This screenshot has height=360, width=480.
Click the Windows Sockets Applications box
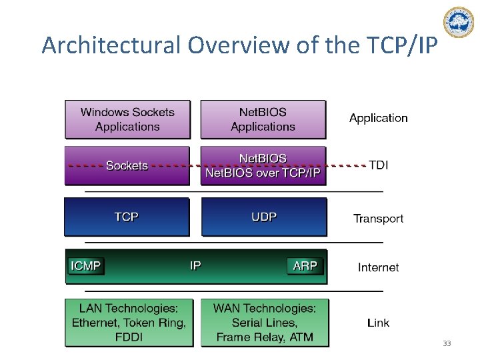pyautogui.click(x=127, y=119)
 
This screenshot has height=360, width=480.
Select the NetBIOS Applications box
pyautogui.click(x=263, y=119)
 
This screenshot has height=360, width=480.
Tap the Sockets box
pyautogui.click(x=127, y=165)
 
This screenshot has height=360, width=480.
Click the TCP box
pyautogui.click(x=127, y=217)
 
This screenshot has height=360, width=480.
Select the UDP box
pyautogui.click(x=264, y=217)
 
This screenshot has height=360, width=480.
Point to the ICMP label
pyautogui.click(x=86, y=266)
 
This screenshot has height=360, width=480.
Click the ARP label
pyautogui.click(x=305, y=266)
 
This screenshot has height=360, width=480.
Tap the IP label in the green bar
pyautogui.click(x=195, y=266)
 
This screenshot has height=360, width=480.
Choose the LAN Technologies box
pyautogui.click(x=129, y=323)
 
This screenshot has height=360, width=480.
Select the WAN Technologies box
pyautogui.click(x=265, y=323)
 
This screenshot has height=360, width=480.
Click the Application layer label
pyautogui.click(x=378, y=118)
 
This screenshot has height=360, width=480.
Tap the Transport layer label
pyautogui.click(x=378, y=219)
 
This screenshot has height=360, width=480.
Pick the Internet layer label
pyautogui.click(x=378, y=267)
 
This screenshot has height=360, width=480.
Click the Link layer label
pyautogui.click(x=378, y=323)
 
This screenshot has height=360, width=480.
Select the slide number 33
pyautogui.click(x=447, y=343)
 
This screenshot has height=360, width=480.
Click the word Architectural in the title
pyautogui.click(x=111, y=45)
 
